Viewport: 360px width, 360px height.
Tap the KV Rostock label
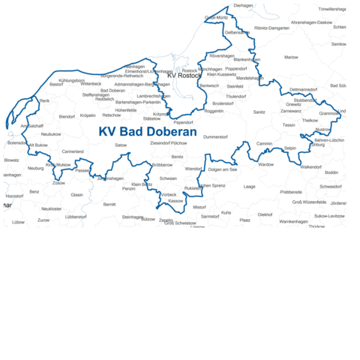pyautogui.click(x=184, y=76)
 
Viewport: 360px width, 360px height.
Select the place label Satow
pyautogui.click(x=121, y=145)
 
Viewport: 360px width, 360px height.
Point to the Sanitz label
pyautogui.click(x=259, y=112)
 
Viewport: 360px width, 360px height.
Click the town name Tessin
pyautogui.click(x=289, y=125)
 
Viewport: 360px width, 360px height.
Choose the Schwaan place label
pyautogui.click(x=169, y=178)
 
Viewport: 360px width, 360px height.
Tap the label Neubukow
pyautogui.click(x=51, y=133)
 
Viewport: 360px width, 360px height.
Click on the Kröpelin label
pyautogui.click(x=88, y=115)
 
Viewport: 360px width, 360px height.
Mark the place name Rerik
pyautogui.click(x=44, y=100)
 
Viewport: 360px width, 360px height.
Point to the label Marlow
pyautogui.click(x=291, y=57)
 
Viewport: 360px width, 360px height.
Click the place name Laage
pyautogui.click(x=250, y=186)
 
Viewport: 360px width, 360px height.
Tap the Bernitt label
pyautogui.click(x=109, y=204)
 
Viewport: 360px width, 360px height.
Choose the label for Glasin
pyautogui.click(x=76, y=194)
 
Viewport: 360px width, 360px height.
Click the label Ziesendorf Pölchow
pyautogui.click(x=169, y=142)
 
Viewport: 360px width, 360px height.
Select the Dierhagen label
pyautogui.click(x=244, y=5)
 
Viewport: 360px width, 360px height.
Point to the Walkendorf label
pyautogui.click(x=310, y=166)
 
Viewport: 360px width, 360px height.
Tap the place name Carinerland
pyautogui.click(x=73, y=151)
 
